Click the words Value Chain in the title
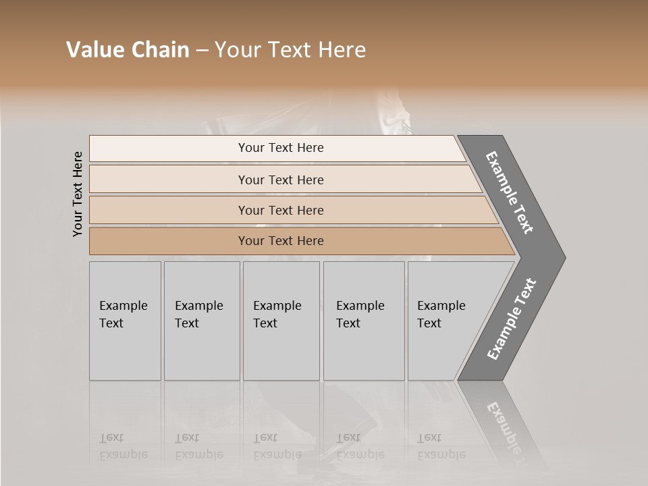click(128, 50)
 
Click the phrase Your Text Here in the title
click(290, 50)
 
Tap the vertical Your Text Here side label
click(78, 194)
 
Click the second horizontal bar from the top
click(280, 180)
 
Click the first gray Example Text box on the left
click(125, 321)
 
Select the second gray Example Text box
click(202, 321)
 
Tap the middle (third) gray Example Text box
click(281, 321)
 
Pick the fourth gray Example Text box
click(364, 321)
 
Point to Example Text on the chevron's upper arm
click(510, 192)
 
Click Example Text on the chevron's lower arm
click(511, 319)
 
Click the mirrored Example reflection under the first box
click(123, 454)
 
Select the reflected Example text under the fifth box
click(441, 454)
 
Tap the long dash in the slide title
click(202, 50)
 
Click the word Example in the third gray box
click(277, 306)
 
